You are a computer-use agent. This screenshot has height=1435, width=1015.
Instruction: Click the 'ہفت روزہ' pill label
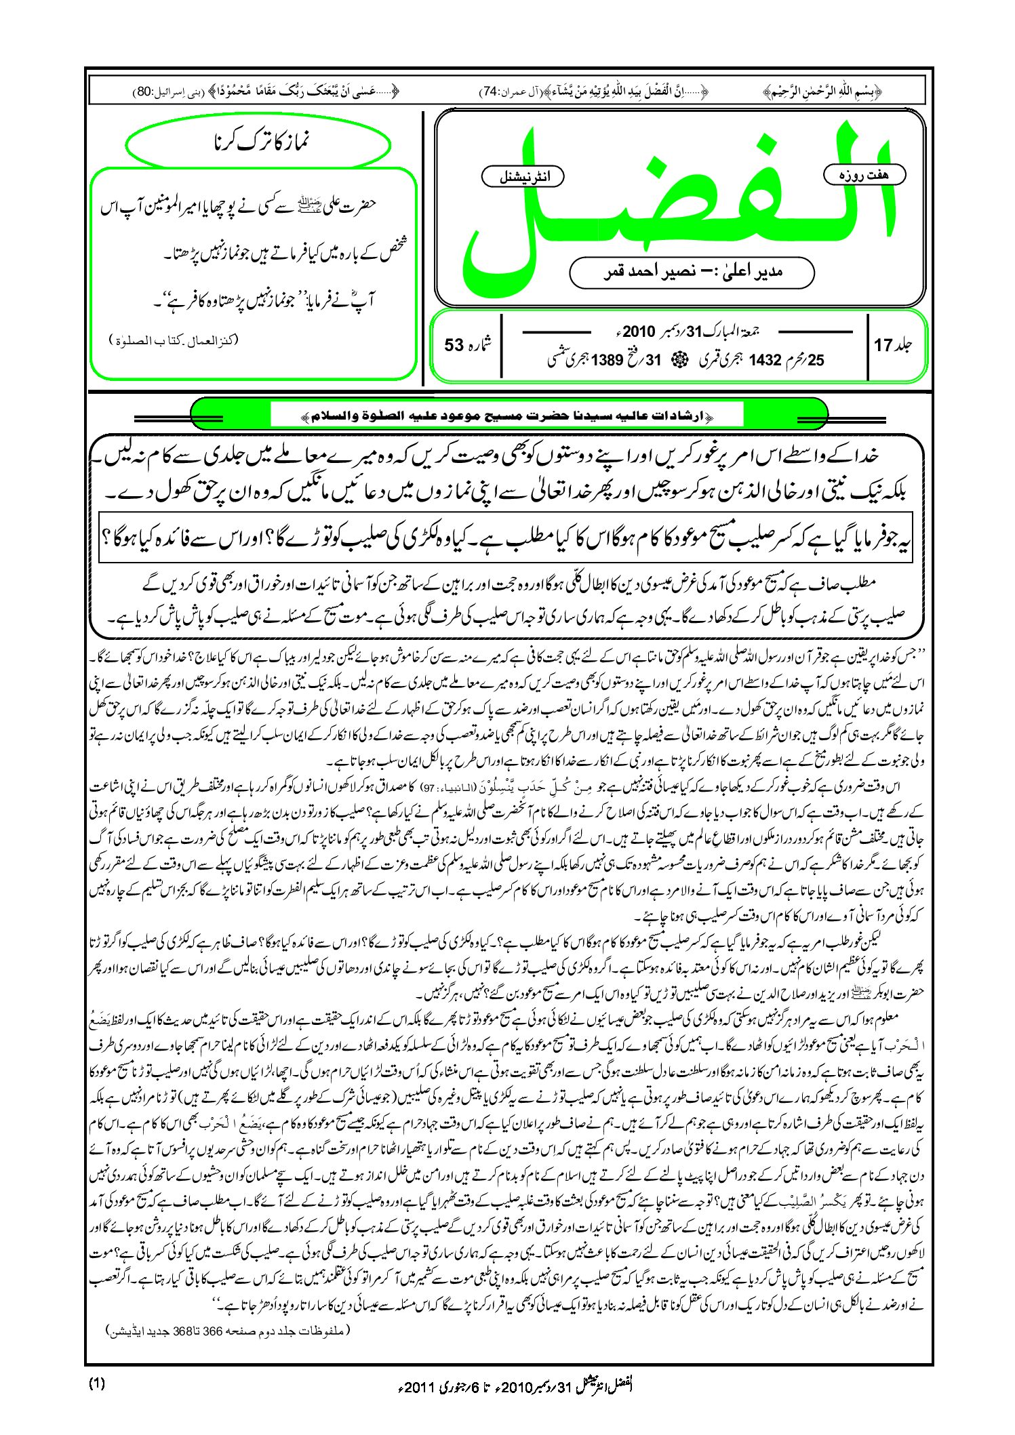(x=864, y=175)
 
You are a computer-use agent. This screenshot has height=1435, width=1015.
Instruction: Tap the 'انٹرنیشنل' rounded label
(x=523, y=177)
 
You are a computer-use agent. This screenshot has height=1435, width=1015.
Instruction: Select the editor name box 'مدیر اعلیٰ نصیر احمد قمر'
(x=692, y=272)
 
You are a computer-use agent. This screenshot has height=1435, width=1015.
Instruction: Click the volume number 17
(x=883, y=345)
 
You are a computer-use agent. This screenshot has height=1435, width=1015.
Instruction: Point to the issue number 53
(x=454, y=345)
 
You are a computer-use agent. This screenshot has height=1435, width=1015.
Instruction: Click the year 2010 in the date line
(x=638, y=332)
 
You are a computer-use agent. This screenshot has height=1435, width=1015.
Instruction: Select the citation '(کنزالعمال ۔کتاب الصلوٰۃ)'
(x=174, y=340)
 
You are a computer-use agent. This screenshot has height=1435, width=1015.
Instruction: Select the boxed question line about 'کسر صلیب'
(x=506, y=539)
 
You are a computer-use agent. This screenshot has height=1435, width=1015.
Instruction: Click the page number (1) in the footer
(x=96, y=1383)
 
